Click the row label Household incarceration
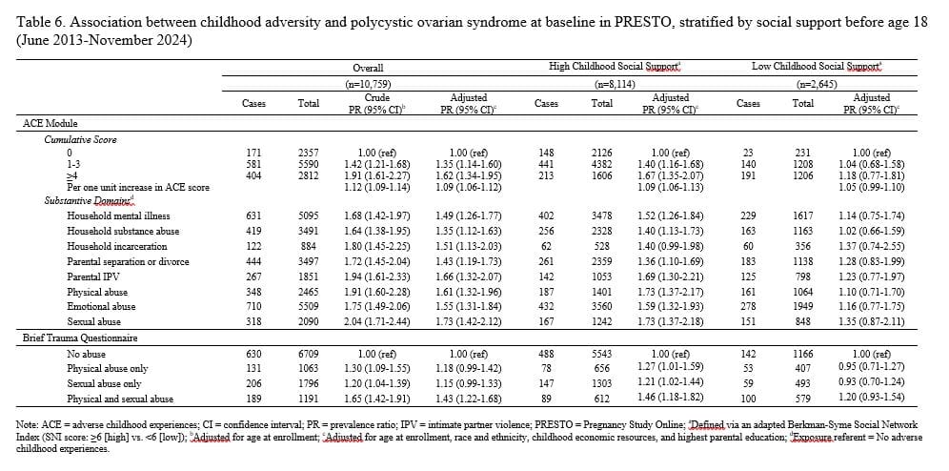(117, 246)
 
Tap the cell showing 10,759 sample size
(368, 85)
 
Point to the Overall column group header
(368, 69)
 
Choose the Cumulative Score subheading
(80, 139)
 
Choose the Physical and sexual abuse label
(120, 399)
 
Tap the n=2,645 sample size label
(818, 85)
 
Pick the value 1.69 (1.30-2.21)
(672, 276)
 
